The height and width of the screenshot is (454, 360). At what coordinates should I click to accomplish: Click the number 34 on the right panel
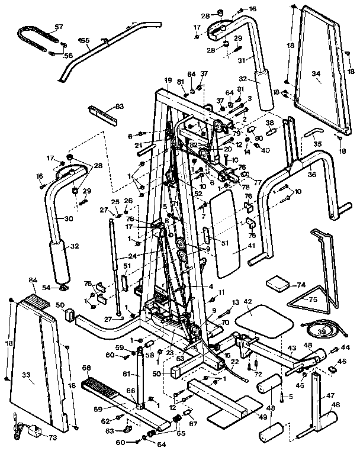coord(316,74)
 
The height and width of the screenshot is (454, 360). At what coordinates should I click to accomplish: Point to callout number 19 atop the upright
coord(168,81)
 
